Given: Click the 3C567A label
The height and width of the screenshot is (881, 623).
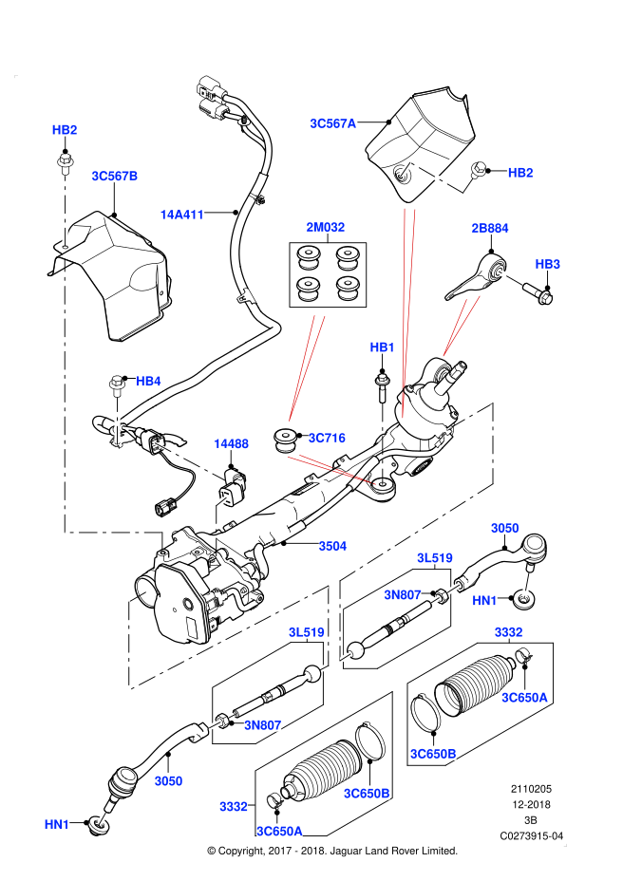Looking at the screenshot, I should point(333,123).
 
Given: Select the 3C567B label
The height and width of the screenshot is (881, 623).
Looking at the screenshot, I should point(115,176).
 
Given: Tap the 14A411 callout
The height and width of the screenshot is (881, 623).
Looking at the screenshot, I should point(182,215).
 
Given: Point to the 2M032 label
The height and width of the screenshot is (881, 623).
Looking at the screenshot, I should point(326,227).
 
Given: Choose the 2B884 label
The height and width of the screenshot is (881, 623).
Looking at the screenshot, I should point(490,228).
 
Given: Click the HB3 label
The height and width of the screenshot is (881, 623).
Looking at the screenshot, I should point(548,264).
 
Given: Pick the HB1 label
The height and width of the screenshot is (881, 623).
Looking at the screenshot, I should point(382,347).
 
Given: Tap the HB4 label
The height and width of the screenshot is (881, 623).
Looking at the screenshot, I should point(148,381).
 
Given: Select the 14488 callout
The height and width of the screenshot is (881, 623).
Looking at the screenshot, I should point(231,443).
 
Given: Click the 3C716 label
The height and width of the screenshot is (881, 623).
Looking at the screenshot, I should point(327,438).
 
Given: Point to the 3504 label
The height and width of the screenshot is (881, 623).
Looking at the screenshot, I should point(332,546).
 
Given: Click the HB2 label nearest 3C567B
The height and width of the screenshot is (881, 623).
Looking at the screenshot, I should point(65,130).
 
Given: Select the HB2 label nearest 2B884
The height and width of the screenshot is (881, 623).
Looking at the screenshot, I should point(520,173).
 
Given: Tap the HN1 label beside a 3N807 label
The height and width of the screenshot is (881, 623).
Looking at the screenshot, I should point(484,600).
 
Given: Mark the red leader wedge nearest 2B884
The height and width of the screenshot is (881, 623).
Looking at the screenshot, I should point(461,327).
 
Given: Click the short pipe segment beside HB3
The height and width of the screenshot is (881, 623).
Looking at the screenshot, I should point(511,277).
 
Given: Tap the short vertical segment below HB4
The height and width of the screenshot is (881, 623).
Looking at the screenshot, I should point(117,420).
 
